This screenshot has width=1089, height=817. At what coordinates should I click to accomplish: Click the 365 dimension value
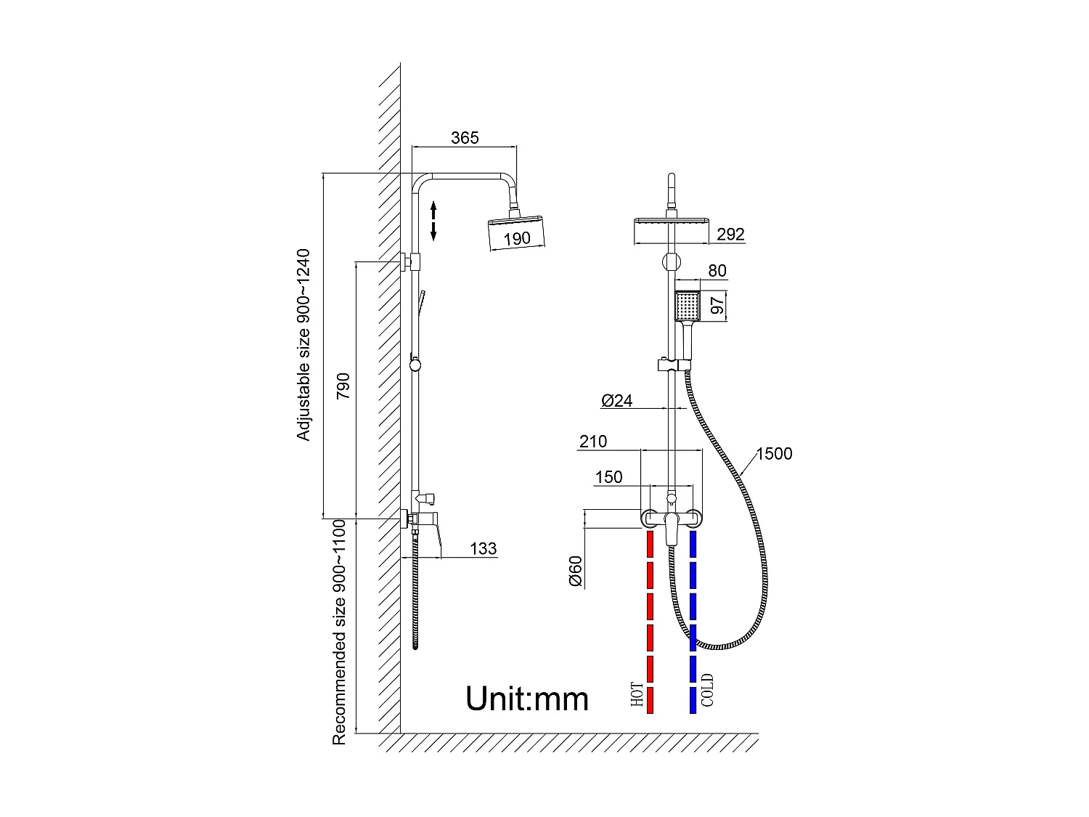coord(465,138)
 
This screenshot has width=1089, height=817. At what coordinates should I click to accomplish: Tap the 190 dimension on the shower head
coord(517,238)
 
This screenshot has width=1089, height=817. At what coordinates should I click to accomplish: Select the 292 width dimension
coord(730,235)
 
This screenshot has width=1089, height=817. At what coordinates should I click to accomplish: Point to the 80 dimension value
coord(717,271)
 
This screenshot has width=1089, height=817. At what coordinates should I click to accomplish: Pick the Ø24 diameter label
coord(617,400)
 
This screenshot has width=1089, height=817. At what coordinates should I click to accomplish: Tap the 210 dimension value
coord(593,442)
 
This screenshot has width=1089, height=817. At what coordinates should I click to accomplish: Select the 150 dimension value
coord(608,477)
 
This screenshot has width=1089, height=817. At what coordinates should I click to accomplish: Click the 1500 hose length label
coord(774,454)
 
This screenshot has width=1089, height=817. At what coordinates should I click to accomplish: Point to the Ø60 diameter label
coord(576,571)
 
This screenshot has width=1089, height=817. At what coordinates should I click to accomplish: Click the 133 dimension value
coord(484,549)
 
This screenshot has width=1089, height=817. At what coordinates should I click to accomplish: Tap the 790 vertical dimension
coord(343,386)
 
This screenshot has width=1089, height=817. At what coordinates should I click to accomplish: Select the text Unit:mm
coord(527,699)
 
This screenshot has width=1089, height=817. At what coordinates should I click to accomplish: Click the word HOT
coord(637,695)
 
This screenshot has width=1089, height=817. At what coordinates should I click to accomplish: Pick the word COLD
coord(707,690)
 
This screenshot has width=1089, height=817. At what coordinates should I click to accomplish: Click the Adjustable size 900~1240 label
coord(303,345)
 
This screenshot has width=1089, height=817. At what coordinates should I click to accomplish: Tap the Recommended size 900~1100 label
coord(339,632)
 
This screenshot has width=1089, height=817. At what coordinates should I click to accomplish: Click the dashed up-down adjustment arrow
coord(433,221)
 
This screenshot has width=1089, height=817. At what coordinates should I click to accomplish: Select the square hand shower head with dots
coord(687,306)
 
